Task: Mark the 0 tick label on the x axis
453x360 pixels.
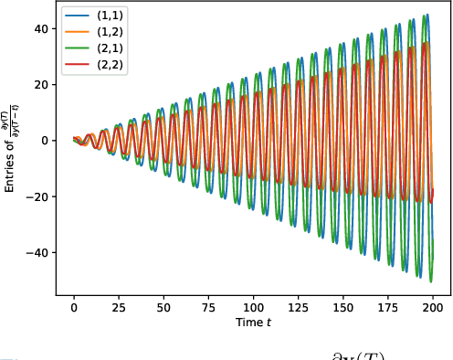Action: click(x=74, y=308)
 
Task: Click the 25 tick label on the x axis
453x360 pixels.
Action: click(x=119, y=308)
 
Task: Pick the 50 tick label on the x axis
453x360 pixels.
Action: click(x=163, y=308)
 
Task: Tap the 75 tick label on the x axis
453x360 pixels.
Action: click(x=208, y=308)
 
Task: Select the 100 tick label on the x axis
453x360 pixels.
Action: click(x=253, y=308)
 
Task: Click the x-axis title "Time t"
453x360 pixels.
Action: click(x=253, y=323)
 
